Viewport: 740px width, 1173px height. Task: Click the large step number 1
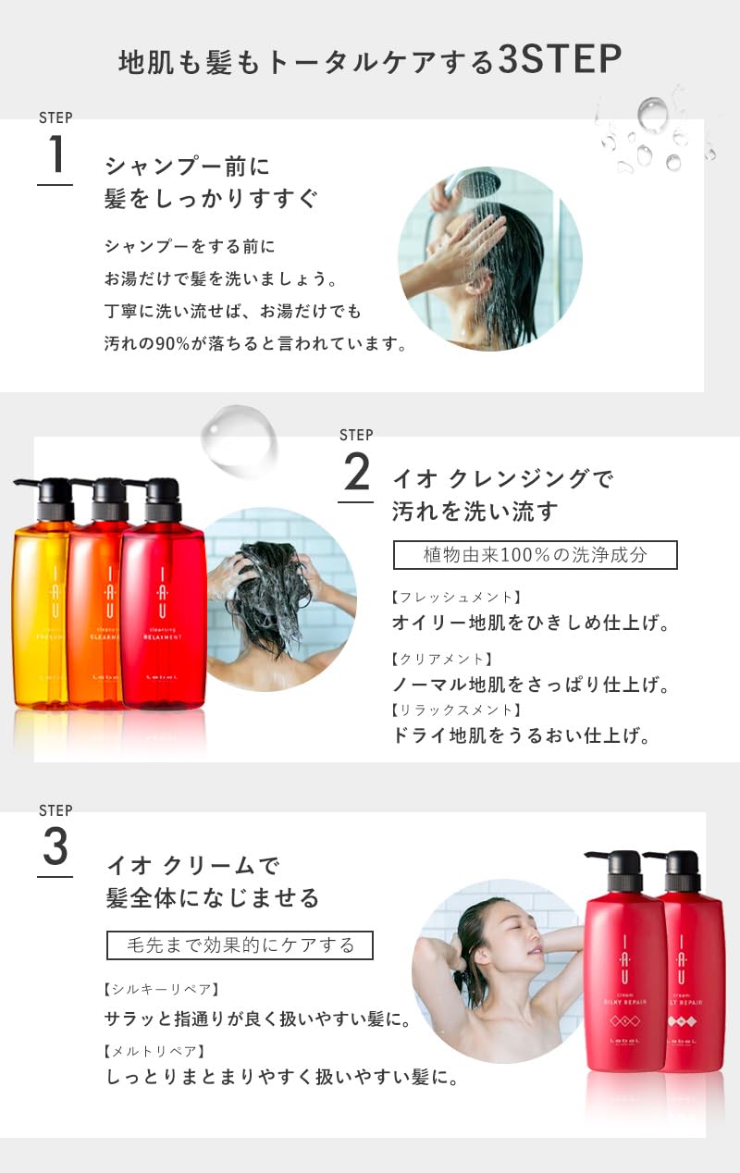[55, 154]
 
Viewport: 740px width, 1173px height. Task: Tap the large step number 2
[356, 474]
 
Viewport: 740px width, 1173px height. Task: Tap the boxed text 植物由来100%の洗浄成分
[536, 555]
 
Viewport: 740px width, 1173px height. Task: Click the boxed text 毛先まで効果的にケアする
[240, 945]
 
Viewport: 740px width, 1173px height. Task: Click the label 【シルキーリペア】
[162, 989]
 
